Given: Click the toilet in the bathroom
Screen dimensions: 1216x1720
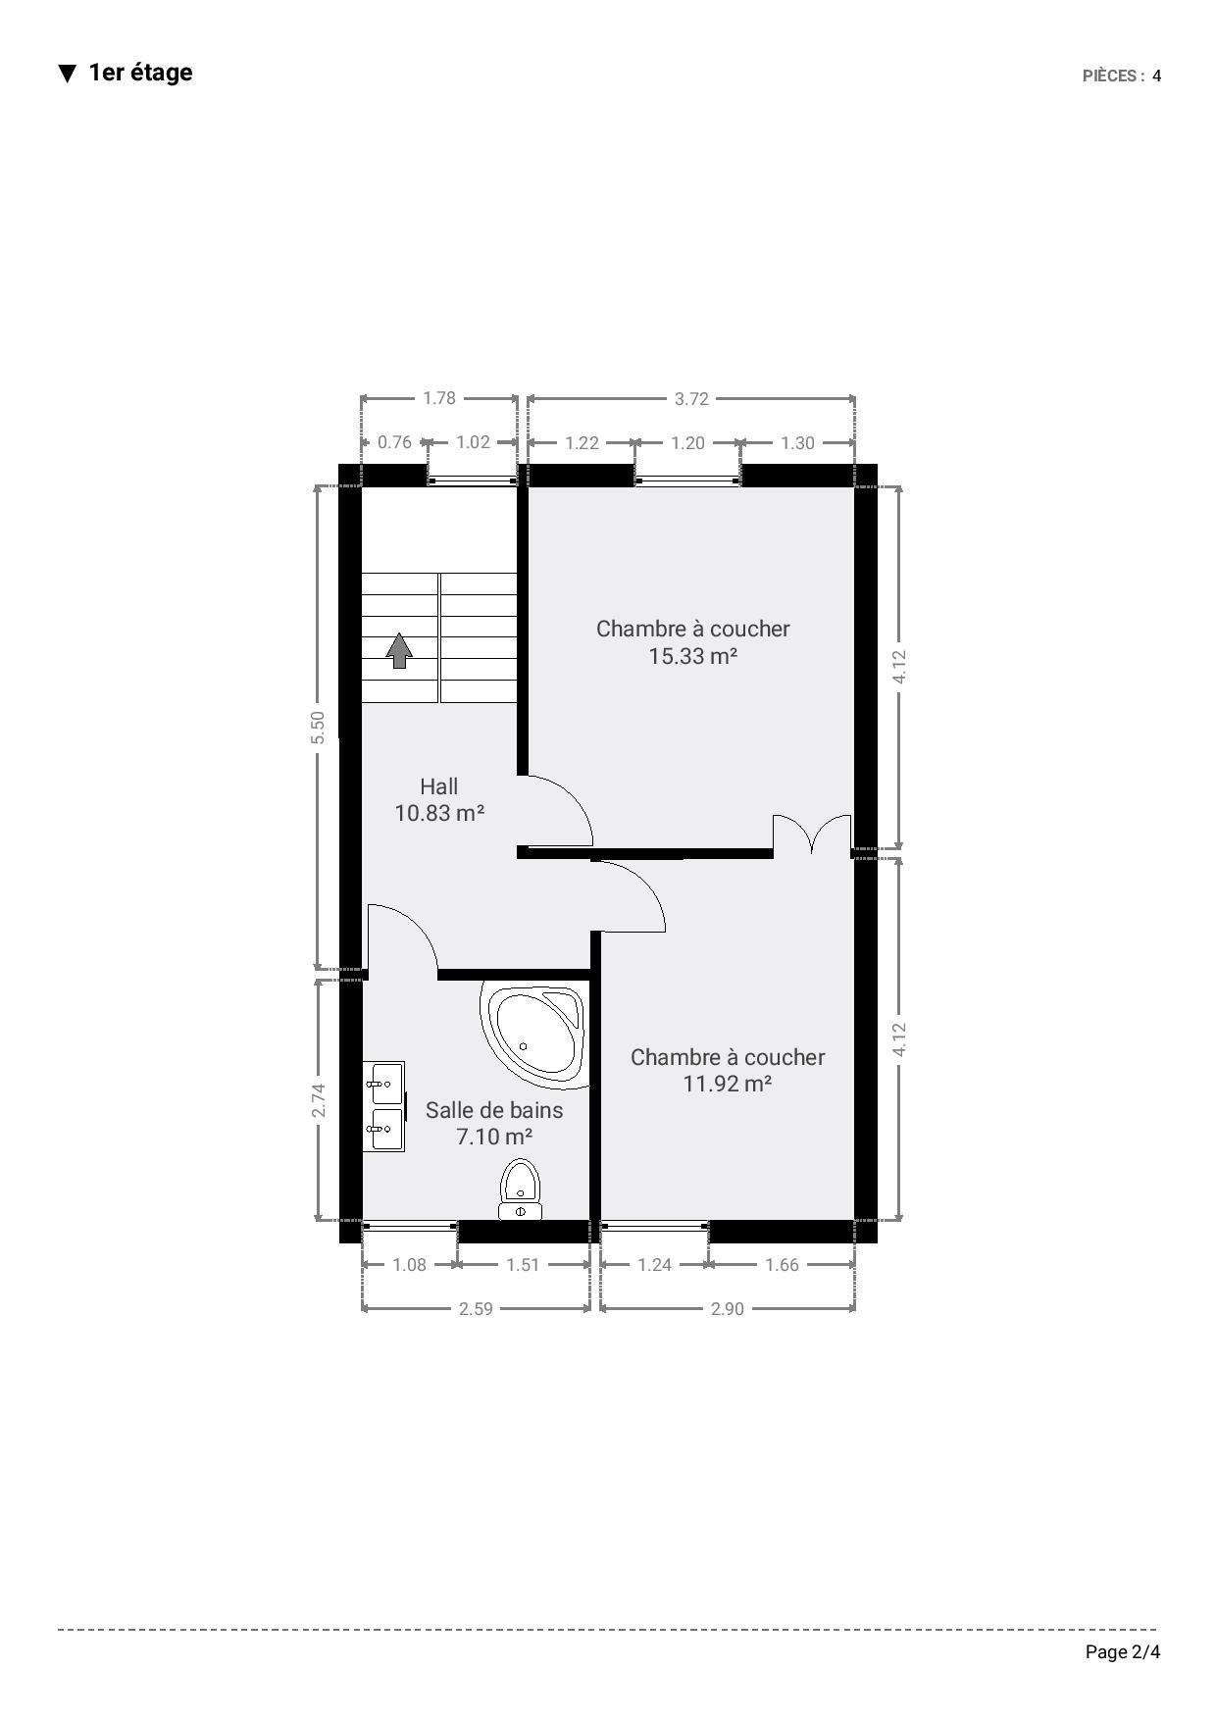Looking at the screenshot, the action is coord(520,1189).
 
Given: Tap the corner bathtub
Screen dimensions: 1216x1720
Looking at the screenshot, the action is coord(534,1033).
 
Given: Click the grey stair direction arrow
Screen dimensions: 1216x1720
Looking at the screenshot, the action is coord(399,650).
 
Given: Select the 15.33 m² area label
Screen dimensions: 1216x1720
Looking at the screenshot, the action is coord(692,656).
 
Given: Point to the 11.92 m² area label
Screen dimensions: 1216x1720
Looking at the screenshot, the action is coord(727,1084).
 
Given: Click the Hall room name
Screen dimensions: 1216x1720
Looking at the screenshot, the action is coord(438,786).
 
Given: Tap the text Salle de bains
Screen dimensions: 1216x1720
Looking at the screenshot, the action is coord(494,1110).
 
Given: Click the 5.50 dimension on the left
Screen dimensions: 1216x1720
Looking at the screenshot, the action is coord(318,727).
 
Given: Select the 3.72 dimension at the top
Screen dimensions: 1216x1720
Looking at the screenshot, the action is coord(691,398).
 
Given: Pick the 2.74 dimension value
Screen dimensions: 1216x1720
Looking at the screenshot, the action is coord(318,1100).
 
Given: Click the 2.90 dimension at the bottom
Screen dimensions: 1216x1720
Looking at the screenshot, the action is coord(728,1308).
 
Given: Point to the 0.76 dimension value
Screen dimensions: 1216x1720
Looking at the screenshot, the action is coord(394,442).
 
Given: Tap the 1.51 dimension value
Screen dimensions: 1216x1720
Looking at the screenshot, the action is coord(523,1265).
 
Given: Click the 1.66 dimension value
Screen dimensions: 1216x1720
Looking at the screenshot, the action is coord(782,1265).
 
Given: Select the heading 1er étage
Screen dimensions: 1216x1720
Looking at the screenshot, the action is coord(140,73).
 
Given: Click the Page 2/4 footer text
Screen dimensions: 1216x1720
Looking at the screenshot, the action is coord(1123,1652).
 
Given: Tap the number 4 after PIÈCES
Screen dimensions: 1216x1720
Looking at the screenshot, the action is coord(1157,76).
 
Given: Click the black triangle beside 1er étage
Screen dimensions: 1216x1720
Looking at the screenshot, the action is coord(67,74).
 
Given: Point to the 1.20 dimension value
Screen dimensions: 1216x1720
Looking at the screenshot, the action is coord(687,442).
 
